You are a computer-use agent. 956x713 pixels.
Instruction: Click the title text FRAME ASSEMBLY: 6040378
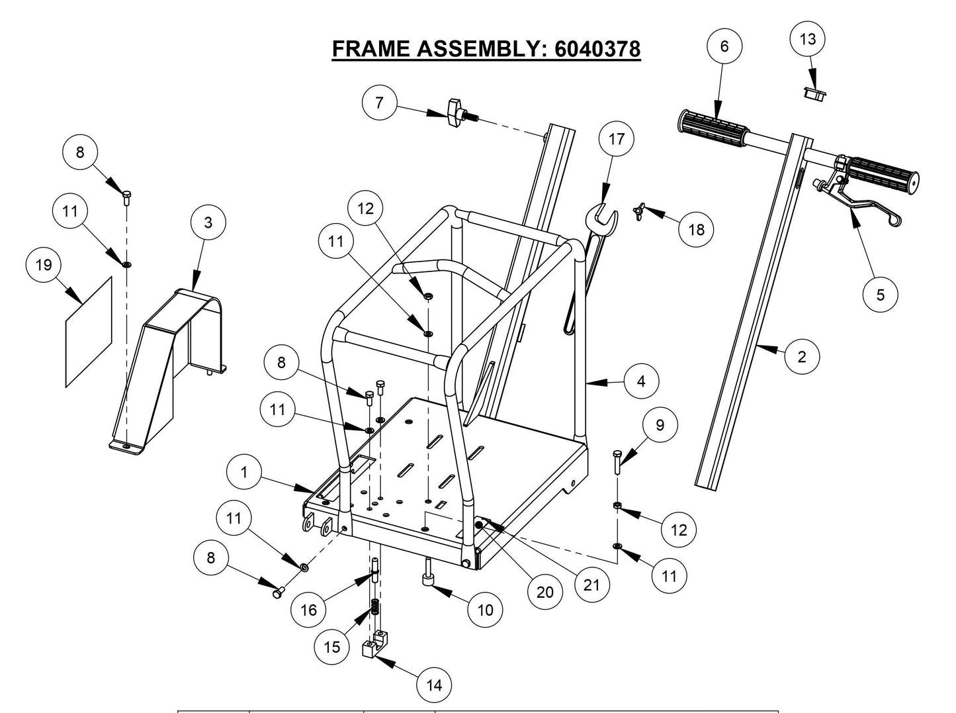tap(486, 49)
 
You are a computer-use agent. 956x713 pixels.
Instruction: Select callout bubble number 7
tap(379, 103)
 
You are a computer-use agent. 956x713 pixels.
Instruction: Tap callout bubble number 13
tap(808, 39)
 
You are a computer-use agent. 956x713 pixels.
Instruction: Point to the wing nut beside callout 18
tap(640, 211)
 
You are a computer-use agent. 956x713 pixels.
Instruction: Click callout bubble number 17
tap(616, 139)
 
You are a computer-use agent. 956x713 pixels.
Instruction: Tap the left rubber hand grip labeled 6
tap(712, 125)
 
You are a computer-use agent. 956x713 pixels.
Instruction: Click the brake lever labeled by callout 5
tap(853, 202)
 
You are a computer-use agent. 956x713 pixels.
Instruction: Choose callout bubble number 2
tap(802, 356)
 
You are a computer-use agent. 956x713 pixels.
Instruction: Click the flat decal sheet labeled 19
tap(89, 331)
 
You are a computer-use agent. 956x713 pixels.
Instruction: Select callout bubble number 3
tap(208, 222)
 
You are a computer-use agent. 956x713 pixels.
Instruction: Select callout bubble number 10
tap(485, 610)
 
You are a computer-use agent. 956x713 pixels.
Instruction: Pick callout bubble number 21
tap(591, 585)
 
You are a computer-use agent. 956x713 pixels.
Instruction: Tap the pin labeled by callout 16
tap(375, 571)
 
